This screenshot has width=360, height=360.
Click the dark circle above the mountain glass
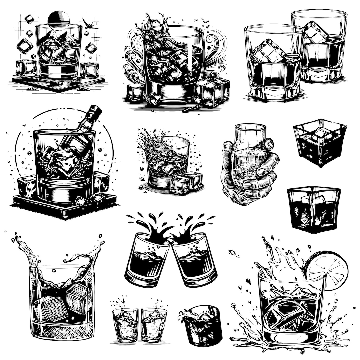pos(59,19)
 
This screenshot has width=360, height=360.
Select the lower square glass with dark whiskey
pos(314,208)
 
